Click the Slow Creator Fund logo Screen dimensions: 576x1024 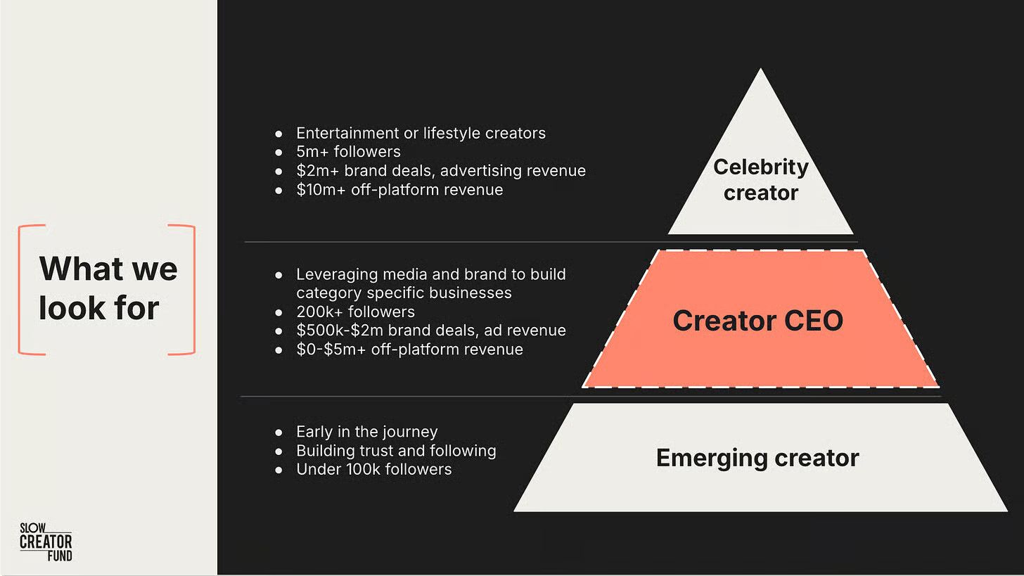click(x=46, y=541)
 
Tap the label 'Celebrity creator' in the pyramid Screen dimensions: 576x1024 click(x=760, y=179)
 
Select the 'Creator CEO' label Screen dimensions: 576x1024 click(x=757, y=321)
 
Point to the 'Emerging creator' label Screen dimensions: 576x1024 click(x=757, y=458)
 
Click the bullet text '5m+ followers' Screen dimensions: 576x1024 click(x=348, y=152)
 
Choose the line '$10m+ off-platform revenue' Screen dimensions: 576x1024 click(x=399, y=190)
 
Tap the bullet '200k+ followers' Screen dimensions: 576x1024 click(x=355, y=312)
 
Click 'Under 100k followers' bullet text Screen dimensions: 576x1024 click(x=373, y=469)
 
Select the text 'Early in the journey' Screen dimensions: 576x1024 click(x=366, y=432)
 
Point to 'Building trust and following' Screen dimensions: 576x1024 click(x=396, y=451)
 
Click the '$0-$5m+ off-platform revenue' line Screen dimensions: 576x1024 click(x=409, y=350)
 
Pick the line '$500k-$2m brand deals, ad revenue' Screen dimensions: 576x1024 click(x=430, y=331)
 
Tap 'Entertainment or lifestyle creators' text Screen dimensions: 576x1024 click(x=421, y=133)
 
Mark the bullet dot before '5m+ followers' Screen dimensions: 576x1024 click(x=279, y=152)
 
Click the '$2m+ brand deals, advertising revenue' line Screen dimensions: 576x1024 click(x=440, y=171)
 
